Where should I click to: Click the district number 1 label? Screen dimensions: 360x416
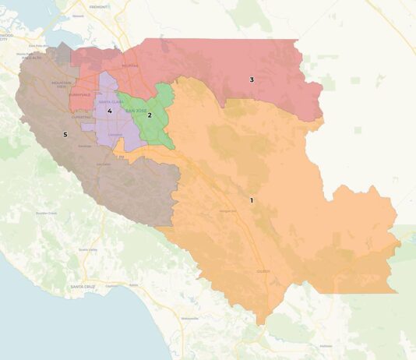251,200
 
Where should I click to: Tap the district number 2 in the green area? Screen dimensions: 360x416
150,115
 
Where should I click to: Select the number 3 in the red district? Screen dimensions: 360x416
251,79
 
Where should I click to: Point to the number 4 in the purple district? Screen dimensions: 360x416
110,111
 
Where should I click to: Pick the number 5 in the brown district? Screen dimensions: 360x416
65,134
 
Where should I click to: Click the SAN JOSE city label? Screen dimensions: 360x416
136,111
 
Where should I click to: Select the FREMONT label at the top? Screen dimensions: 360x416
98,5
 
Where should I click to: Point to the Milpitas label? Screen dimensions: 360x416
129,66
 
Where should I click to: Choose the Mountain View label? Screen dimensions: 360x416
62,83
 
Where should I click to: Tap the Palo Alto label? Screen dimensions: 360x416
31,57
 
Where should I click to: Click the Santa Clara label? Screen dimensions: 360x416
110,102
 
